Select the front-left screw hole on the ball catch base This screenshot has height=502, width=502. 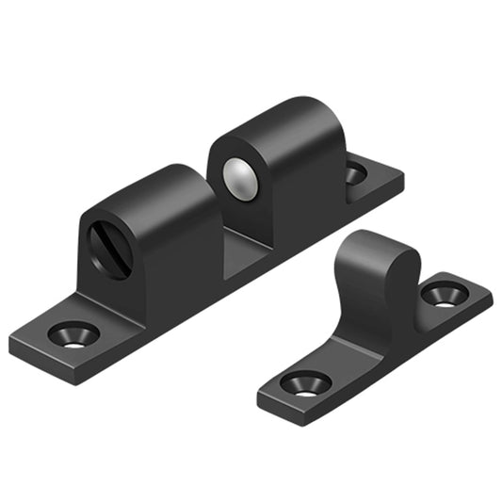coord(73,334)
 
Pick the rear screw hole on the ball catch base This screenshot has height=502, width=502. coord(355,172)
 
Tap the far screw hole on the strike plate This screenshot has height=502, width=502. coord(439,294)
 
